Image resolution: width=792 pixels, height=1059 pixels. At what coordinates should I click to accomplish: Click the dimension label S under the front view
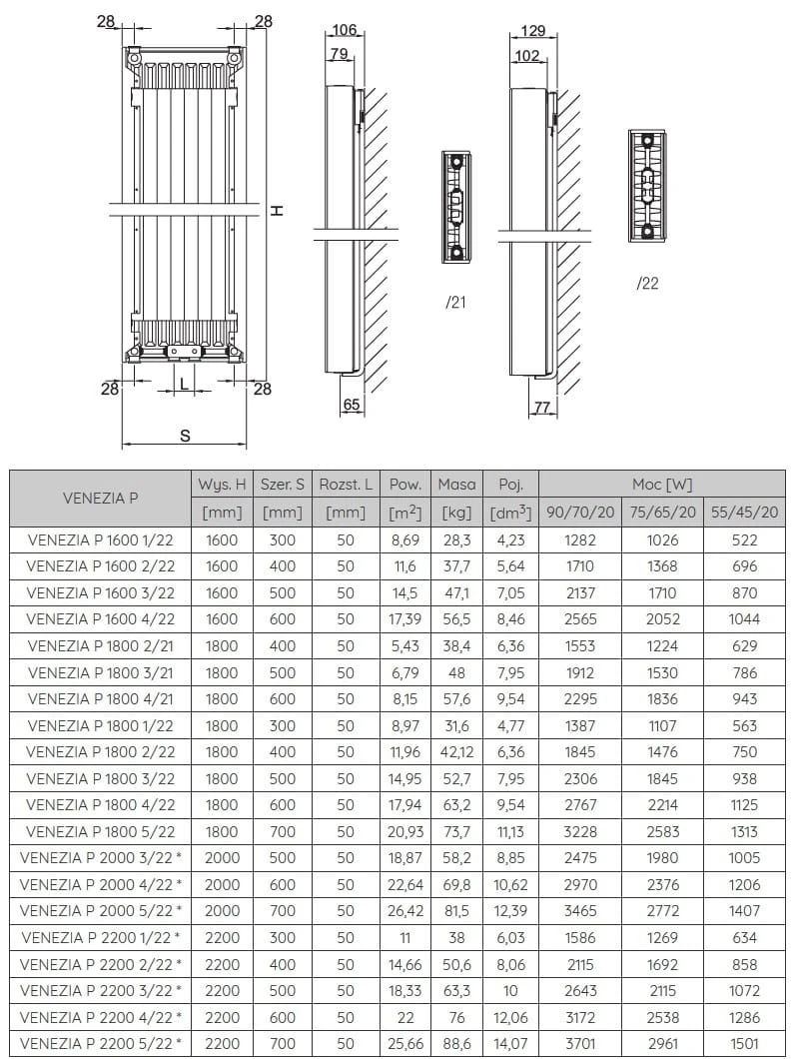click(x=185, y=436)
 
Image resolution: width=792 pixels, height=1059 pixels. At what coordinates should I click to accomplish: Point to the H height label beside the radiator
click(x=279, y=210)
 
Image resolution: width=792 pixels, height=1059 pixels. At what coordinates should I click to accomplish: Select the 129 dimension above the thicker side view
click(x=533, y=31)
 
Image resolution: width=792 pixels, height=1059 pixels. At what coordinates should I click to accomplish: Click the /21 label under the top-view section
click(x=456, y=303)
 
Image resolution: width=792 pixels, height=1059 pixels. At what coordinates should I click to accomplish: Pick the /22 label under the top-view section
click(x=647, y=284)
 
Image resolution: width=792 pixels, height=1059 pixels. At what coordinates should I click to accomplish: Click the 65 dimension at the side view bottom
click(x=351, y=405)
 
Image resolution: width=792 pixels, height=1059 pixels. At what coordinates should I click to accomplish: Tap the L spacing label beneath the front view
click(x=184, y=382)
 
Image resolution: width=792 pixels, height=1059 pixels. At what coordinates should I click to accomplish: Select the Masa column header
click(x=456, y=485)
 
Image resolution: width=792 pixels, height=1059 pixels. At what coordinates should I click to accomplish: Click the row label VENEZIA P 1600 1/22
click(x=101, y=539)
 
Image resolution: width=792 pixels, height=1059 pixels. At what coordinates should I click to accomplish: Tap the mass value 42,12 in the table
click(x=456, y=752)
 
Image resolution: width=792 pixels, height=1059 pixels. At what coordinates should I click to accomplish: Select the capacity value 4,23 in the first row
click(x=510, y=539)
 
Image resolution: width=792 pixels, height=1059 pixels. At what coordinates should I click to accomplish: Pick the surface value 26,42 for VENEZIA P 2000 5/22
click(x=404, y=911)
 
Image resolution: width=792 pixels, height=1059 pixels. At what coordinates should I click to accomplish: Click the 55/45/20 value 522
click(x=744, y=539)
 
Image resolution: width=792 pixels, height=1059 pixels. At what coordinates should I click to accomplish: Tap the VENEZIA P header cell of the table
click(x=101, y=498)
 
